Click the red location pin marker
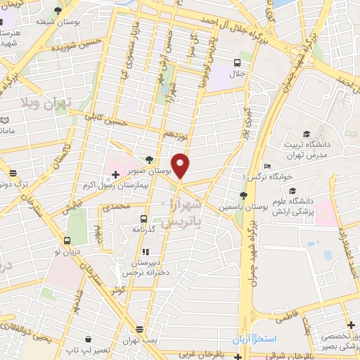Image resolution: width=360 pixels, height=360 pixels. [x=181, y=165]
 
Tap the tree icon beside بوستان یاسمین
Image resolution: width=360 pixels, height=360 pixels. [x=243, y=196]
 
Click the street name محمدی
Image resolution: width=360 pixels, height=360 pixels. [x=116, y=208]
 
